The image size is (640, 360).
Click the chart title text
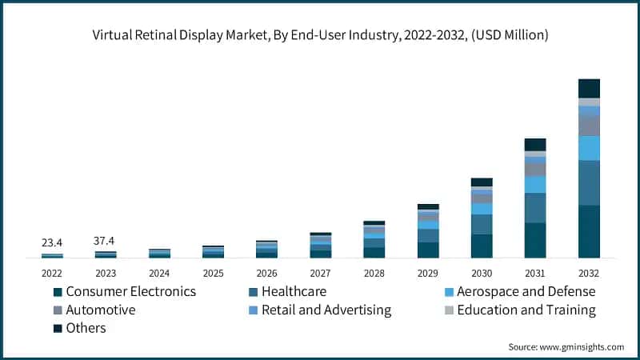[x=319, y=35]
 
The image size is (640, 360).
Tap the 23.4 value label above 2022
[x=52, y=242]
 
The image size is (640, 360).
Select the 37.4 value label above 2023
[x=106, y=241]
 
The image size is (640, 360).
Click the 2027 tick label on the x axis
[x=320, y=272]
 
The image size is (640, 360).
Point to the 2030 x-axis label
[x=482, y=272]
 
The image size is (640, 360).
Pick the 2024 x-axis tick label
[x=159, y=272]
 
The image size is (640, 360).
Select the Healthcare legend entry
[x=295, y=291]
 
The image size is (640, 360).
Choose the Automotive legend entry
[x=100, y=310]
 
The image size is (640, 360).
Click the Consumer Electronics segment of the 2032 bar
[x=589, y=231]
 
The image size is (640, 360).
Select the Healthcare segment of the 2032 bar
[x=589, y=182]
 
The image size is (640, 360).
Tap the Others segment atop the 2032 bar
[x=589, y=88]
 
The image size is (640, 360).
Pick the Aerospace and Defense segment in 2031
[x=535, y=184]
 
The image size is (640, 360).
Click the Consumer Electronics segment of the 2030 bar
[x=482, y=246]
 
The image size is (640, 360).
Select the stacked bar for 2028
[x=374, y=240]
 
